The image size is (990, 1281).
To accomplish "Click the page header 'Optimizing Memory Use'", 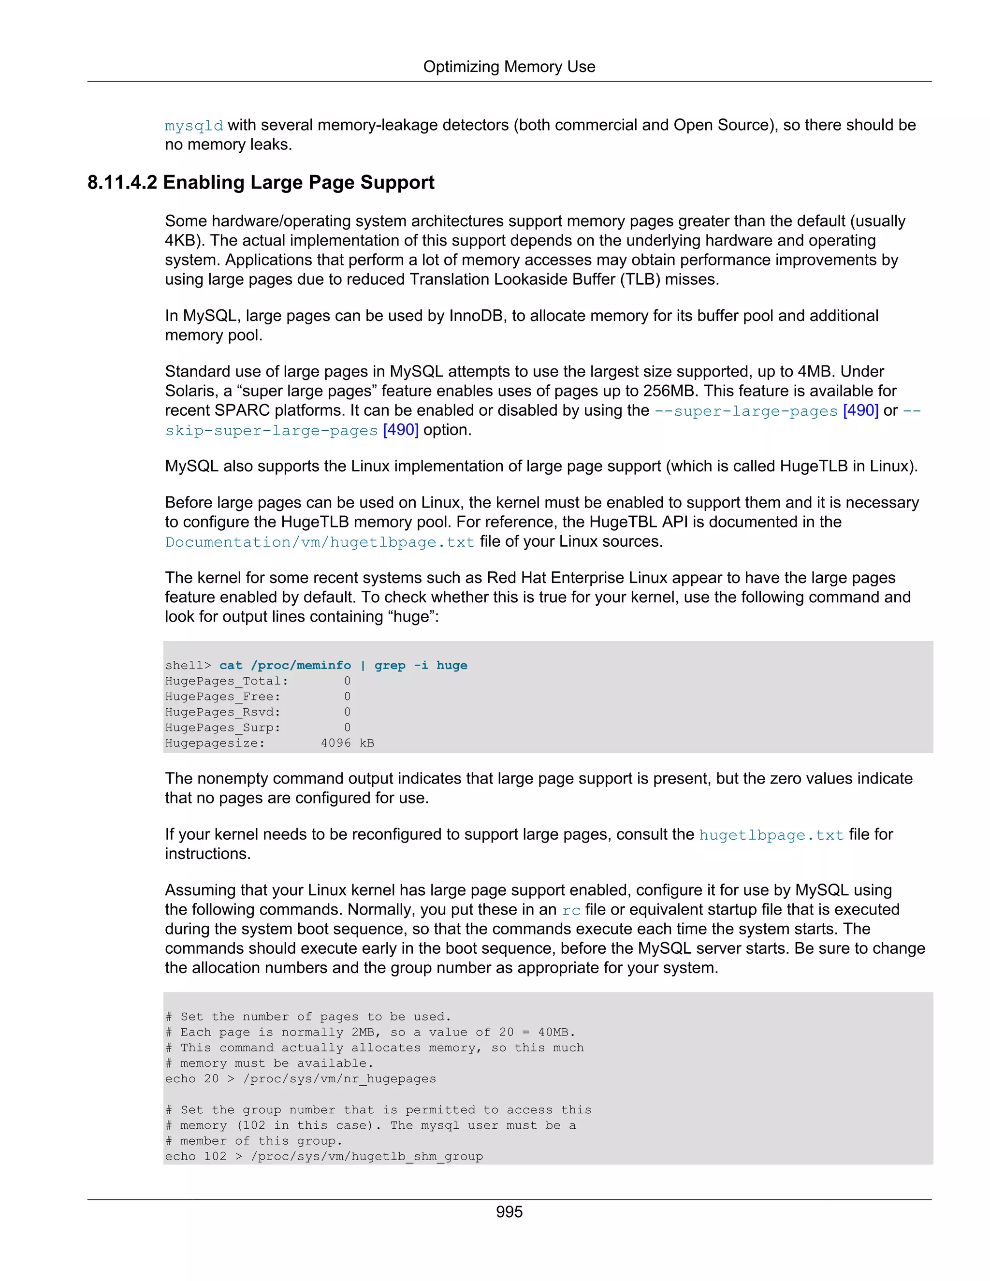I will (509, 67).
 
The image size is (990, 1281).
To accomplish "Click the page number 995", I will (509, 1212).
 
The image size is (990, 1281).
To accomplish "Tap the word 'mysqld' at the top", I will (193, 126).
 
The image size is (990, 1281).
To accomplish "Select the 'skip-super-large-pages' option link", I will (271, 431).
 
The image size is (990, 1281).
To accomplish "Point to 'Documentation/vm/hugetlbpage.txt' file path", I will (320, 542).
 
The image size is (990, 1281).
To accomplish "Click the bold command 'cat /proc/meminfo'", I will (285, 665).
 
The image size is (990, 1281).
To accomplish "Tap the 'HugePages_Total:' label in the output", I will (226, 681).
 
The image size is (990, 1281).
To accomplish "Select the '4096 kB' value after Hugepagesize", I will (347, 743).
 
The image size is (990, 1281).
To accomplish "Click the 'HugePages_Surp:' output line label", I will (223, 728).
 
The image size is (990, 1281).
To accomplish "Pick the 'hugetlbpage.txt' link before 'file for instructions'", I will (771, 835).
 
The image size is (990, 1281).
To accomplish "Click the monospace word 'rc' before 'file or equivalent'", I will (571, 910).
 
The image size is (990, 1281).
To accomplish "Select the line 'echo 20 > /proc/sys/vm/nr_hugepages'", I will (300, 1078).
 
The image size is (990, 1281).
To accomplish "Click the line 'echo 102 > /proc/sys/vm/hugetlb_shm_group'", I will (324, 1156).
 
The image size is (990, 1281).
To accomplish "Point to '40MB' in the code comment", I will (553, 1033).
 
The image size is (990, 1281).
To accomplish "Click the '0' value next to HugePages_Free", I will (347, 696).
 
